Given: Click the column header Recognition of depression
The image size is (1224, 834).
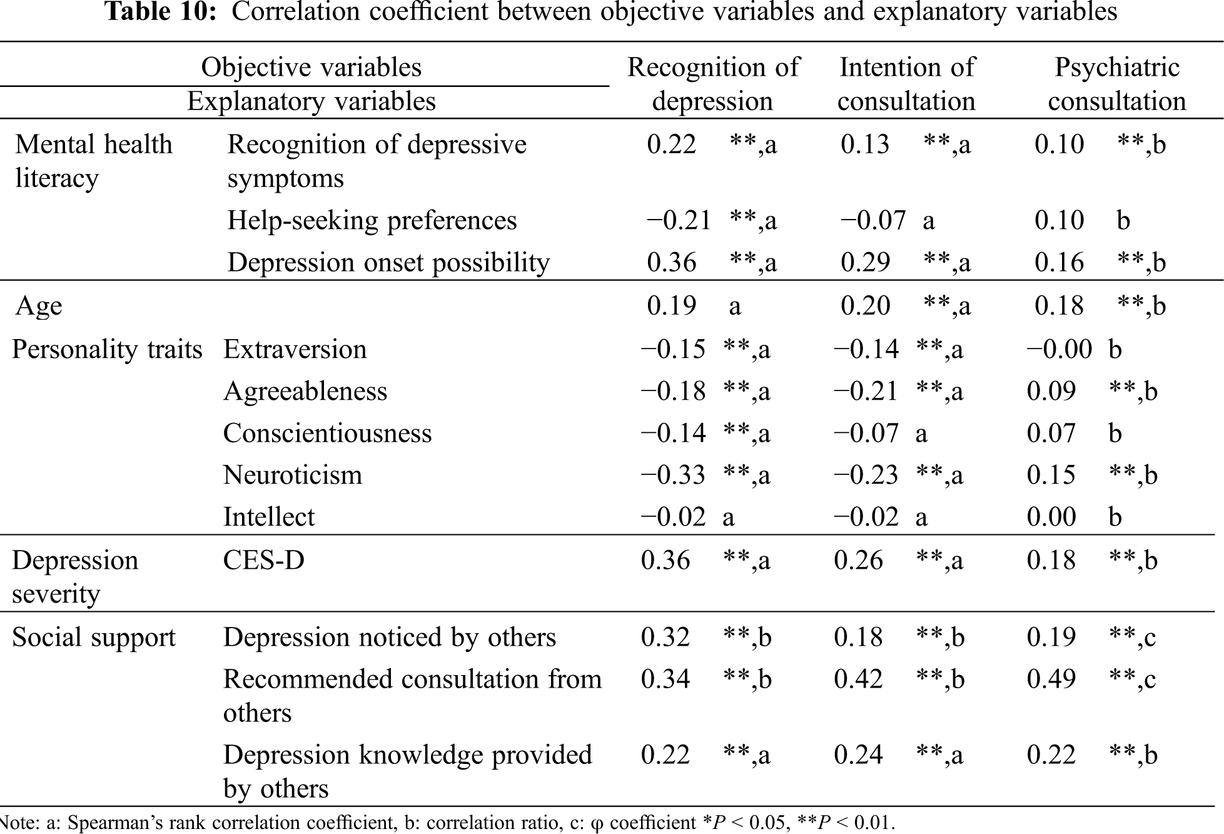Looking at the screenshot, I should [713, 84].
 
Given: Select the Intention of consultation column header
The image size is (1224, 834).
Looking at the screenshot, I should [906, 84].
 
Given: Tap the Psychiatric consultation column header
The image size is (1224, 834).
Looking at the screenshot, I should [1117, 84].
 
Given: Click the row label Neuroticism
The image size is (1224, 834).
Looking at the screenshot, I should [293, 475].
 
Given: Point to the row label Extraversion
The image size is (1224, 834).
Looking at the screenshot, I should [295, 349].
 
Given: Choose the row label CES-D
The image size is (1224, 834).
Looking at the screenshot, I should [263, 560].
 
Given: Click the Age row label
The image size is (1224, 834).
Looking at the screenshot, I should [39, 306].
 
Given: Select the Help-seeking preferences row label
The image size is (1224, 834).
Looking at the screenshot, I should [372, 220].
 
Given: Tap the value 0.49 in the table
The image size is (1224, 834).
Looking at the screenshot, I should [1051, 679].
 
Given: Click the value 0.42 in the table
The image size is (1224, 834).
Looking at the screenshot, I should [858, 679].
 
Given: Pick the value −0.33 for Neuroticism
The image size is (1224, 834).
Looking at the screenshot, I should [673, 475].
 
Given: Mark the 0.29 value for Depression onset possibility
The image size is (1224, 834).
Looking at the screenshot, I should [865, 262].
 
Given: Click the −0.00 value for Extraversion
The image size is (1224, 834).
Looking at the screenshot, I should [1059, 349].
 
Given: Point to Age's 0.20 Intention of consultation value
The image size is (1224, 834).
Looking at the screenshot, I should [865, 306].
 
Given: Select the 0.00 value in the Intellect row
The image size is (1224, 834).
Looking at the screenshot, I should [1051, 517].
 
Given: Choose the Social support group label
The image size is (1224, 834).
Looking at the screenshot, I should [94, 638].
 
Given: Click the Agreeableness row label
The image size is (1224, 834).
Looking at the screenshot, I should [305, 391].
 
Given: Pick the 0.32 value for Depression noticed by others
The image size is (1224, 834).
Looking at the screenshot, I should [665, 638].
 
